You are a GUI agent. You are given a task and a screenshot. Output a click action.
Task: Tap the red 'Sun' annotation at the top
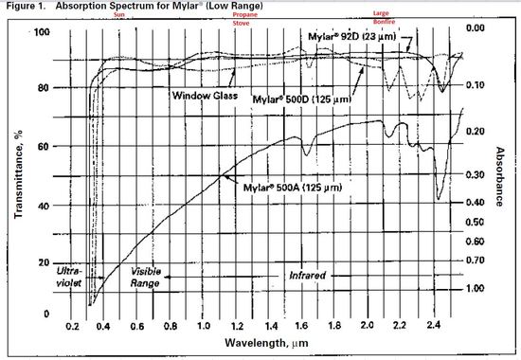point(118,16)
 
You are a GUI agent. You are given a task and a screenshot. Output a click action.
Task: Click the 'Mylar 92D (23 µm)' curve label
point(355,36)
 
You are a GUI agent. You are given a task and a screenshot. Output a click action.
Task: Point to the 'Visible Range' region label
point(149,277)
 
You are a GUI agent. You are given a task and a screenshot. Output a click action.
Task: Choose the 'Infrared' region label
point(308,275)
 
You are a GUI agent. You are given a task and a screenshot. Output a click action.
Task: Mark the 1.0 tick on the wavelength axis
point(203,325)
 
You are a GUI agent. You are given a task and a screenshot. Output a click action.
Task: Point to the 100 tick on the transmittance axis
point(41,33)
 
